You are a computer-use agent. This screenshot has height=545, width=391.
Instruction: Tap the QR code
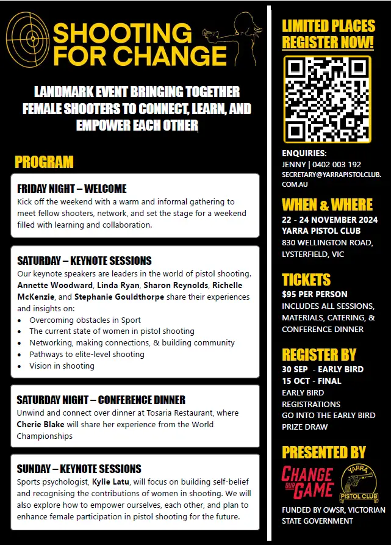coord(327,99)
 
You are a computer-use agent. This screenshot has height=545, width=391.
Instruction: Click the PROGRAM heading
coord(44,162)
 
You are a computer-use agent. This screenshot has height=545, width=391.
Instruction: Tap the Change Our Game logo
coord(307,481)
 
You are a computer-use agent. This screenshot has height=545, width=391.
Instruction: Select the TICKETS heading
coord(306,280)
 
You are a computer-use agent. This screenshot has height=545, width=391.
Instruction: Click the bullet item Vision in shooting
coord(62,366)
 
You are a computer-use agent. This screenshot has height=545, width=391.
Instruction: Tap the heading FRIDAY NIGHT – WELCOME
coord(72,189)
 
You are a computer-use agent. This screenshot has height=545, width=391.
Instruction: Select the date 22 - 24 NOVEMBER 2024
coord(329,220)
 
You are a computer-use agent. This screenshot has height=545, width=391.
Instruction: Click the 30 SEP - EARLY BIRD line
coord(322,369)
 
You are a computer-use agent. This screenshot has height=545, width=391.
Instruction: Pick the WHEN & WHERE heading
coord(327,204)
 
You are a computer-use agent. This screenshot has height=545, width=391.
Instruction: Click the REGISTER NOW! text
coord(328,42)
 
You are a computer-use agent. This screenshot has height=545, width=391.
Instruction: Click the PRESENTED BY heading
coord(323,452)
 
